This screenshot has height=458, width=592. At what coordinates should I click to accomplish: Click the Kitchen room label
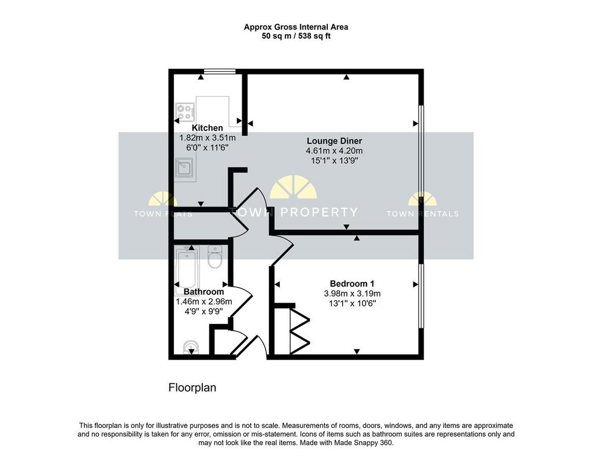point(208,128)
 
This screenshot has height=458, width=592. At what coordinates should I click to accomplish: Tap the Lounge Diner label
point(334,141)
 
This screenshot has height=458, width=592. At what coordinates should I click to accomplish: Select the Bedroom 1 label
point(352,283)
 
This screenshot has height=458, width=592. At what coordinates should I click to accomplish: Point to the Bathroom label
point(203,292)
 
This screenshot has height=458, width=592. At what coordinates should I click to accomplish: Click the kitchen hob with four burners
point(186,112)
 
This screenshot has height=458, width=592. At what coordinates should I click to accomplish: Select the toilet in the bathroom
point(215,257)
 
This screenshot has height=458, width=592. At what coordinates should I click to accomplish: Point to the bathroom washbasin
point(191,348)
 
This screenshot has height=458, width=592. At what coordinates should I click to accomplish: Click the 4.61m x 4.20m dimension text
point(334,151)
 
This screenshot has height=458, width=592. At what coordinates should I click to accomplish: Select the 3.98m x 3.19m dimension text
point(352,293)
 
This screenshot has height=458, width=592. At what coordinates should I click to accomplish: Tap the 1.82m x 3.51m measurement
point(208,138)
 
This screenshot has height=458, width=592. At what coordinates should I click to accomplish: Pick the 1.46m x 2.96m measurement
point(203,302)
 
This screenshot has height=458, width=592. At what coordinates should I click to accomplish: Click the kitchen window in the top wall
point(220,71)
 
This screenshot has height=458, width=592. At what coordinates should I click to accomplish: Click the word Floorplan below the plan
point(192,388)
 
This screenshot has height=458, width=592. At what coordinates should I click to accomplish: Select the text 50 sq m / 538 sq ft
point(296,36)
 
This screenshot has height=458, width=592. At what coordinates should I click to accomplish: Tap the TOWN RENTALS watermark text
point(423,214)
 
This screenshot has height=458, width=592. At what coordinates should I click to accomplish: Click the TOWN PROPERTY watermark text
point(294,212)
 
